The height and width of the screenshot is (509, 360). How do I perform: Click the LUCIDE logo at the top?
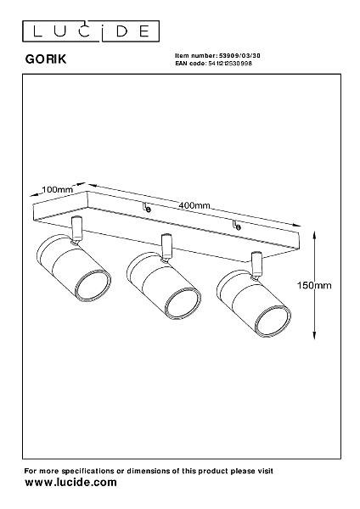pos(91,31)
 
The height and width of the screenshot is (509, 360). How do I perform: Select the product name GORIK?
pos(46,59)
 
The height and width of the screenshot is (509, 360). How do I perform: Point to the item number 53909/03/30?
pos(239,56)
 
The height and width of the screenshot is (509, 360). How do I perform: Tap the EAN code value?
pos(230,64)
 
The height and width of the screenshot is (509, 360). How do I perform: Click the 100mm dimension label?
pos(58,189)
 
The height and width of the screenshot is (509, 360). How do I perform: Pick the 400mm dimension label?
pos(194,205)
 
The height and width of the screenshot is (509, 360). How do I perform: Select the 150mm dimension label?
pos(314,285)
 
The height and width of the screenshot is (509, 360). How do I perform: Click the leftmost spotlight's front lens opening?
pos(93,287)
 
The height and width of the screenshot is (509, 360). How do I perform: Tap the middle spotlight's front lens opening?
pos(183,305)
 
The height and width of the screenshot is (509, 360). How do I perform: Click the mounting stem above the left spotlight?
pos(77,229)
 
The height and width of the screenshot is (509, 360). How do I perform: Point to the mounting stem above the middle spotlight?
pos(166,247)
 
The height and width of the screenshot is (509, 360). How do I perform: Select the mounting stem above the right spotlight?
pos(256,265)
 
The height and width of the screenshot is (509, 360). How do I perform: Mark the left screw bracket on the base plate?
pos(147,208)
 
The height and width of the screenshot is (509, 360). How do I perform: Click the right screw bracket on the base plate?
pos(237,225)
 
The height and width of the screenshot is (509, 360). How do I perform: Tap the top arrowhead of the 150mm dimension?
pos(314,234)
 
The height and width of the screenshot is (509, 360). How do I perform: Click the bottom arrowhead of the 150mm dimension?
pos(314,335)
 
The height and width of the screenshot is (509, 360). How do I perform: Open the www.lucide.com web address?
pos(70,483)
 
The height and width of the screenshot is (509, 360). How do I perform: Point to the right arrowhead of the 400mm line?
pos(296,225)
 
